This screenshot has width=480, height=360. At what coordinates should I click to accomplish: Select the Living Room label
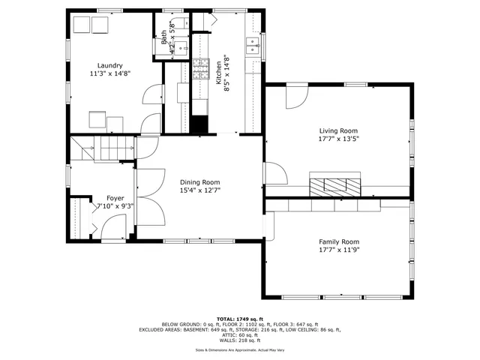tap(338, 130)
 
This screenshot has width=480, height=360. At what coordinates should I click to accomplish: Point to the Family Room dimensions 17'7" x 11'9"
tap(338, 250)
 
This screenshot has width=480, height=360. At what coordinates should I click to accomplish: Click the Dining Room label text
tap(199, 181)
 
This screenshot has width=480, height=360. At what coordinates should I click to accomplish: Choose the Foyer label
tap(115, 198)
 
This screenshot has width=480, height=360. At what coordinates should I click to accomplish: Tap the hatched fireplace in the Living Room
tap(335, 185)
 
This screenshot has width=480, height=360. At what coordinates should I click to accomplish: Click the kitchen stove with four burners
tap(201, 69)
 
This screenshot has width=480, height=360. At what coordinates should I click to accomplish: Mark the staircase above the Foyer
tap(103, 148)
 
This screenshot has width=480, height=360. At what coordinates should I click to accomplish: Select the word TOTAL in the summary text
tap(226, 318)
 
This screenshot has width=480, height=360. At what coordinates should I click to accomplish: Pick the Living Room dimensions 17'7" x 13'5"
tap(338, 139)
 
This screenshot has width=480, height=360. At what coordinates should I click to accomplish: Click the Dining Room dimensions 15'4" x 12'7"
tap(199, 190)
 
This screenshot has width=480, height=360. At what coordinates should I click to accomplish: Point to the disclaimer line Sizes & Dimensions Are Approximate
tap(239, 349)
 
